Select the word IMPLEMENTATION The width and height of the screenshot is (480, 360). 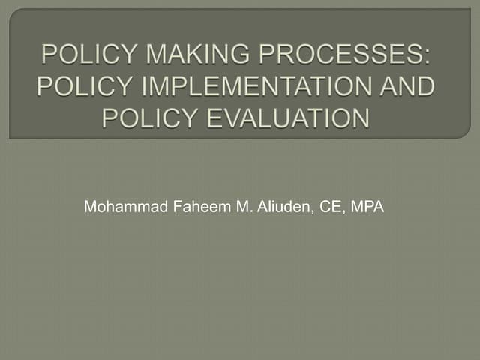coord(244,87)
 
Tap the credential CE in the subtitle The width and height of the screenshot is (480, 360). coord(331,206)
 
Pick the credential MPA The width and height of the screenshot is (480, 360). coord(367,206)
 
